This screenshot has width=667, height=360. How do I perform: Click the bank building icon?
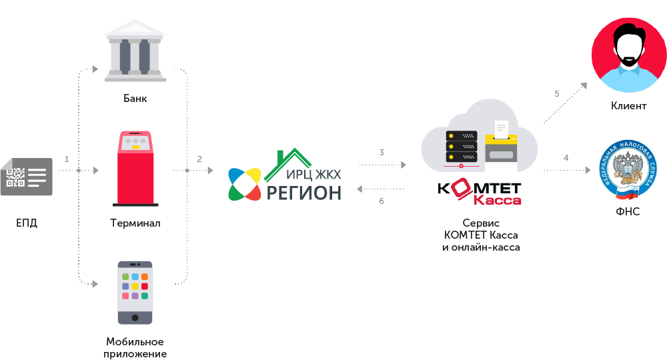pos(135,51)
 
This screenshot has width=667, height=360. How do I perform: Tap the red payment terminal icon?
pos(135,169)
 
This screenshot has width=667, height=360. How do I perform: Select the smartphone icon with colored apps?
pos(135,293)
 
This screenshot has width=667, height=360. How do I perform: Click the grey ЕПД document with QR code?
pos(27,177)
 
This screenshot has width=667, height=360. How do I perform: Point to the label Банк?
pos(135,98)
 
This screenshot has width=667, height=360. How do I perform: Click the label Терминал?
pos(135,223)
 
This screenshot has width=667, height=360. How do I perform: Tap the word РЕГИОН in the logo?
pos(303,193)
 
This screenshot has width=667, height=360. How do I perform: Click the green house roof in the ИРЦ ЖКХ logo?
pos(288,163)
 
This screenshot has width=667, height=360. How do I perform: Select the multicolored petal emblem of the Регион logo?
pos(245,185)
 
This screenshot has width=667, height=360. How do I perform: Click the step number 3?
pos(382,152)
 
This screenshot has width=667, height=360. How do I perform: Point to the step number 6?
pos(382,201)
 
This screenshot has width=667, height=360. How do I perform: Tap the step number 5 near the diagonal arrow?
pos(557,93)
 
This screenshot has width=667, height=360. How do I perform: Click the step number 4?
pos(566,158)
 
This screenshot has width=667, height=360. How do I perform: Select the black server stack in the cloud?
pos(462,147)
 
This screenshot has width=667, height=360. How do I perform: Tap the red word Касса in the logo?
pos(498,200)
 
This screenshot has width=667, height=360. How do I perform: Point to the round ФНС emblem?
pos(628,170)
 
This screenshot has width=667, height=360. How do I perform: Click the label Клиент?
pos(629,106)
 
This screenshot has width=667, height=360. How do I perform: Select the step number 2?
pos(199,159)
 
